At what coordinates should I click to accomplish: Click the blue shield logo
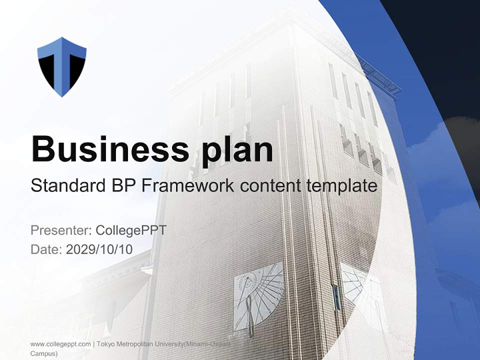click(x=62, y=66)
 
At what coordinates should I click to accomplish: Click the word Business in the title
click(x=103, y=149)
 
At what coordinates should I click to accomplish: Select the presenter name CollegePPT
click(x=131, y=230)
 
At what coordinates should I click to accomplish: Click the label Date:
click(x=46, y=249)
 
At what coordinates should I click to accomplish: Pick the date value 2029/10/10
click(x=99, y=249)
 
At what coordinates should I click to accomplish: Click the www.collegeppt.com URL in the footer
click(x=60, y=344)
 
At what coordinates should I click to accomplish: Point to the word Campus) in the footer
click(x=44, y=353)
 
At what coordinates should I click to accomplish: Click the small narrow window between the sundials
click(x=336, y=296)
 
